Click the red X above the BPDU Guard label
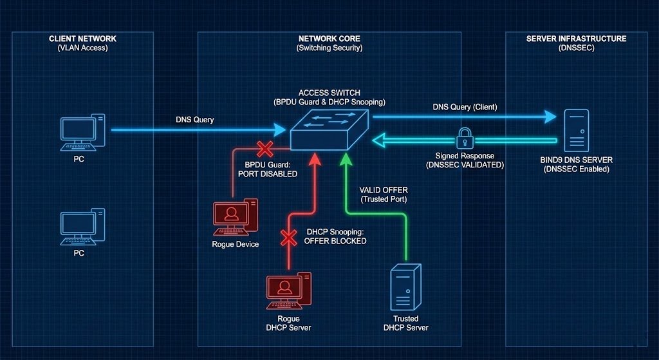pos(265,149)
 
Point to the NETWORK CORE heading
pos(329,39)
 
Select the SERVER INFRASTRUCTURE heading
pos(576,39)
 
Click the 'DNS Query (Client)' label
pos(465,107)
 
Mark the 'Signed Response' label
pos(465,156)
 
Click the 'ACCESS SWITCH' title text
pos(329,93)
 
